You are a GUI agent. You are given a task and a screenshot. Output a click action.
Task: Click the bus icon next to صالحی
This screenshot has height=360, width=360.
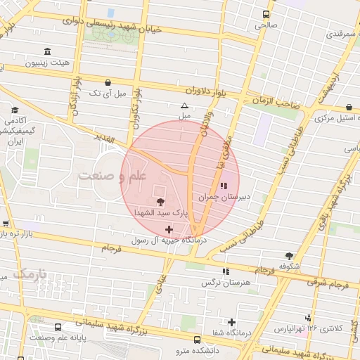266,14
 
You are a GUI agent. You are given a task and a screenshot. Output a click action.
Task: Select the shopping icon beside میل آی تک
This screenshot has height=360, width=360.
107,82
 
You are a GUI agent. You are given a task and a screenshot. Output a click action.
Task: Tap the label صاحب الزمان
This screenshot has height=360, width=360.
275,102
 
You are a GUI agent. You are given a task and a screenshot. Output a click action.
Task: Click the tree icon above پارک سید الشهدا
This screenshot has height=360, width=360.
162,202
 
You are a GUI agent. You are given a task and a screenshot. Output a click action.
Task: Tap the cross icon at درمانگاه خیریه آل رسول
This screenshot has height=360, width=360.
169,229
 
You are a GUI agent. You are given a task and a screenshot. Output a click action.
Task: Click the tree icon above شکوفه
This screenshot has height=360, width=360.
288,256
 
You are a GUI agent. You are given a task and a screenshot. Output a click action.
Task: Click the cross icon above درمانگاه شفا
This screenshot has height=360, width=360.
231,322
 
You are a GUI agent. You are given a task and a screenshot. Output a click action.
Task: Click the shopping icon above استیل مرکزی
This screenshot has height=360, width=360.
349,107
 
